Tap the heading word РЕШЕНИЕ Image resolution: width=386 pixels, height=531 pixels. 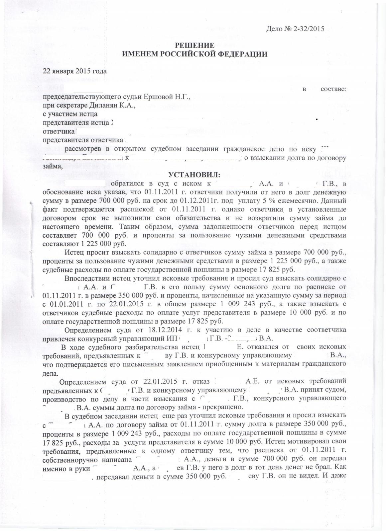[194, 46]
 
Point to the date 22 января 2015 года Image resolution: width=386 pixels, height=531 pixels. [75, 71]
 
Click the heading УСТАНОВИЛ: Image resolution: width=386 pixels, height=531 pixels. [194, 175]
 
